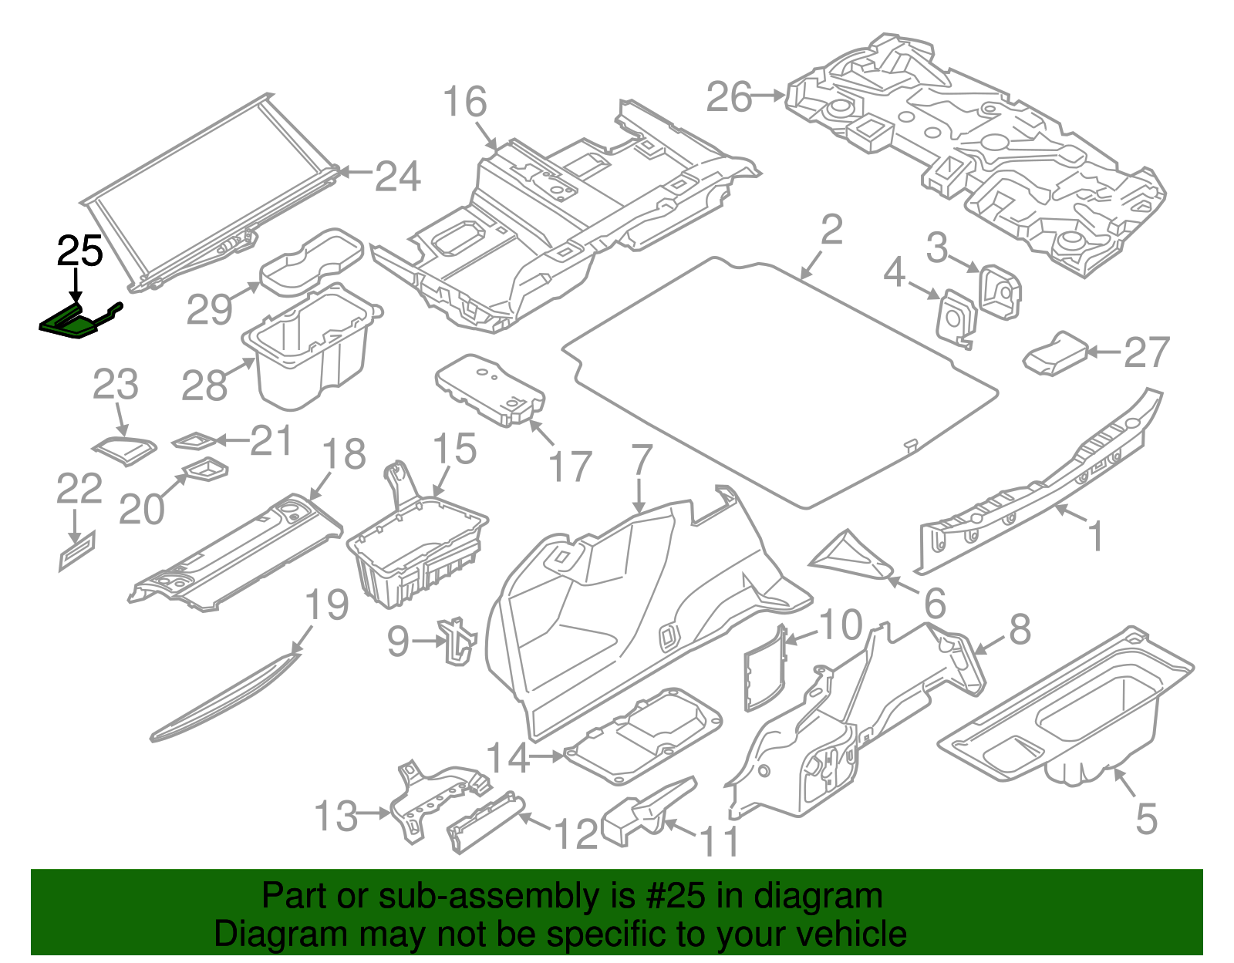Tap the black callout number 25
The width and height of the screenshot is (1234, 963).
[79, 251]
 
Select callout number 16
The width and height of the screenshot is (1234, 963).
[465, 103]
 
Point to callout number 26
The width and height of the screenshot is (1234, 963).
[729, 98]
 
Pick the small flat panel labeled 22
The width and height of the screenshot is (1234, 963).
[78, 551]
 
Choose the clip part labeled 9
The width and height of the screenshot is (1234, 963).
[458, 639]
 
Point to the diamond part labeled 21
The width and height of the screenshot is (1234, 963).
[193, 441]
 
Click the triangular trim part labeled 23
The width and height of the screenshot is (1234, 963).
[123, 448]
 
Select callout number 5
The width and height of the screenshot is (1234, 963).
[1146, 819]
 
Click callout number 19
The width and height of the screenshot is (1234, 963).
[327, 605]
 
